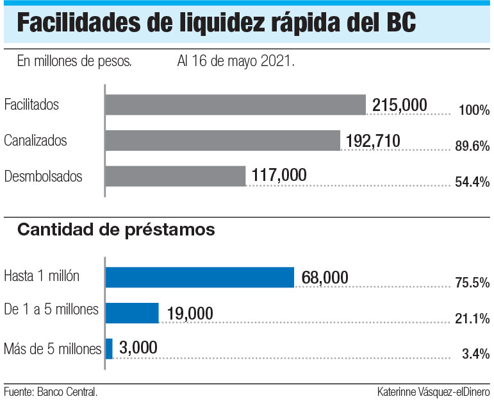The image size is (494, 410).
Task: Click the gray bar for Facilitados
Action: click(x=235, y=105)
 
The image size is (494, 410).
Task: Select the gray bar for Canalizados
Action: click(x=222, y=140)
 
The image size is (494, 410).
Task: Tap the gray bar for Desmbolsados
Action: click(x=175, y=176)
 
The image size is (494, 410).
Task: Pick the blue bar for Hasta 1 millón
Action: click(x=199, y=277)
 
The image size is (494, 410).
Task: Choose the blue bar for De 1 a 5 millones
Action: click(x=132, y=312)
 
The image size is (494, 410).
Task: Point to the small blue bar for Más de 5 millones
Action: click(x=109, y=348)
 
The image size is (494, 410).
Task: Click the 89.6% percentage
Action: click(x=472, y=146)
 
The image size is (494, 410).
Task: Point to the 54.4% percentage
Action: click(x=472, y=182)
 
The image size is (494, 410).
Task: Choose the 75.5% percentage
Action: click(x=472, y=283)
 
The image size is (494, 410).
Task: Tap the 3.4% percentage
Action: click(x=477, y=354)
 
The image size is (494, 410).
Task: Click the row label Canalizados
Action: click(x=35, y=140)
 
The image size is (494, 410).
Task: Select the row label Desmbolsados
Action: click(x=43, y=176)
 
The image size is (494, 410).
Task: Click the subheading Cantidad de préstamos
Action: click(x=116, y=229)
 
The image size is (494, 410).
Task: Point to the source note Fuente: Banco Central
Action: click(x=51, y=391)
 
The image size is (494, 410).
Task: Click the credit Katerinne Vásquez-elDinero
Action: click(x=434, y=391)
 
